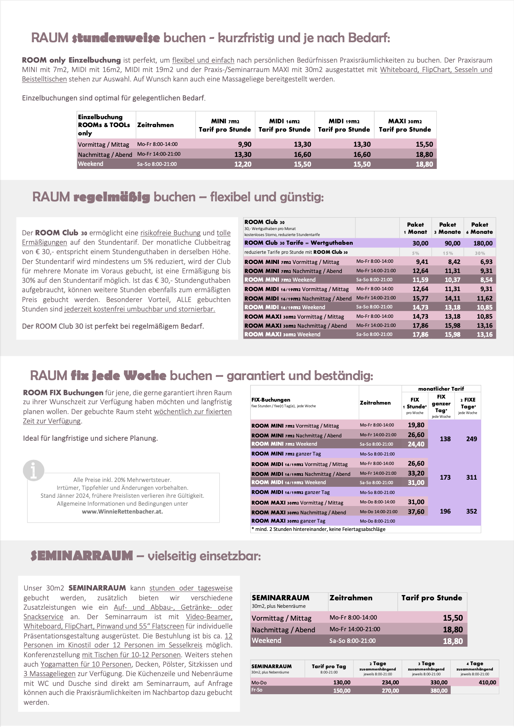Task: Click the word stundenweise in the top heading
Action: point(116,38)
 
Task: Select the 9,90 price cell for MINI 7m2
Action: point(245,144)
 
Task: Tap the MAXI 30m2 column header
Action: point(405,125)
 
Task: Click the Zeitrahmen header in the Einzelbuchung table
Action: point(155,125)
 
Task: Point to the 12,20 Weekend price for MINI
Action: point(243,164)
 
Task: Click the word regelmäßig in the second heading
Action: point(112,197)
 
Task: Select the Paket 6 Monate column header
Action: point(479,228)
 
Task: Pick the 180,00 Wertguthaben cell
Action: point(483,243)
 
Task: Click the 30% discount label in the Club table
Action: point(480,253)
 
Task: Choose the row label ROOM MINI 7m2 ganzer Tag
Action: point(286,454)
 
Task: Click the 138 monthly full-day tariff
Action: point(445,439)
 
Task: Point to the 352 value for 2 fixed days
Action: point(471,511)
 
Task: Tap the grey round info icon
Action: point(34,470)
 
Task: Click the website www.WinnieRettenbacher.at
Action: point(122,512)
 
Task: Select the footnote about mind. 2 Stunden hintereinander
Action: point(318,529)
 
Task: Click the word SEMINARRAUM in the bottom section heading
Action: point(82,556)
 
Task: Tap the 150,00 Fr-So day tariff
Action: point(341,690)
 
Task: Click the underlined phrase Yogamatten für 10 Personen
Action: point(86,664)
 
